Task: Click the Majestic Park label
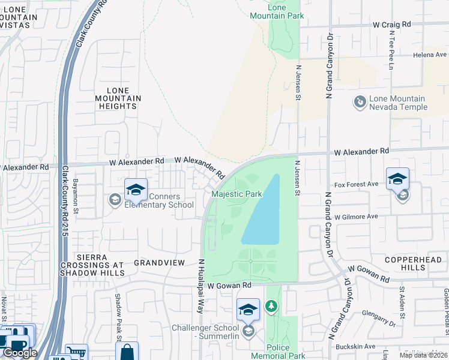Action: coord(237,194)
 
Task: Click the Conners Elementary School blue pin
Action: coord(136,190)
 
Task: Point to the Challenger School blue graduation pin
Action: coord(248,310)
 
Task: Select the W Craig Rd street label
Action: coord(391,25)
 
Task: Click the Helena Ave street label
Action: coord(429,55)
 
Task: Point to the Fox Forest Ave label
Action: coord(357,184)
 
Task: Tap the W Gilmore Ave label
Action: coord(357,216)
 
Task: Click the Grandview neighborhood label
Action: coord(157,263)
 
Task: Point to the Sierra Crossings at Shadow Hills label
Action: coord(92,265)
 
